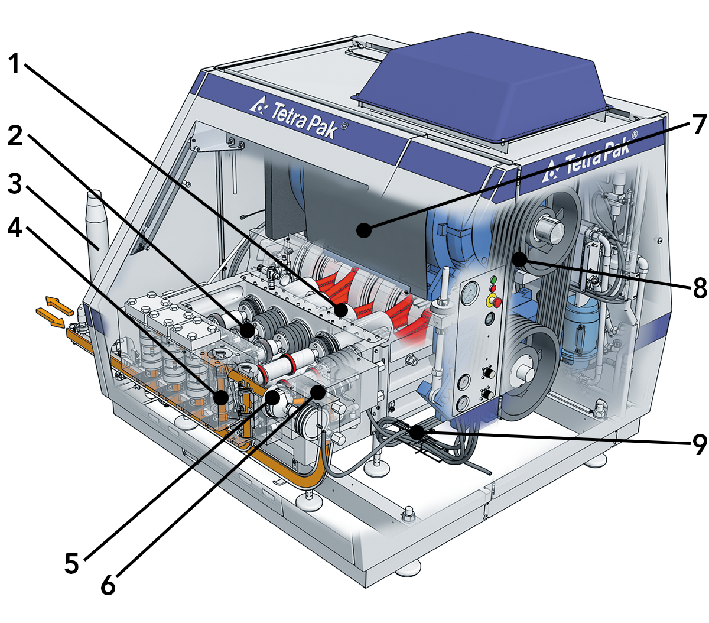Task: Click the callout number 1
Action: [15, 63]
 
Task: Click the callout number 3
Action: [15, 183]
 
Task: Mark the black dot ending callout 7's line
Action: [364, 230]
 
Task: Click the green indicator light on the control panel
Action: [494, 280]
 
